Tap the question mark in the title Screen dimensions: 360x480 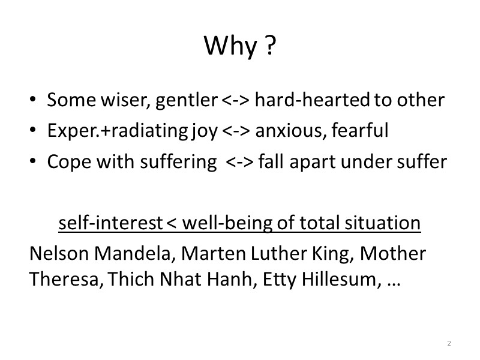point(269,47)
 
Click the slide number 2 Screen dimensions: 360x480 point(449,343)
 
